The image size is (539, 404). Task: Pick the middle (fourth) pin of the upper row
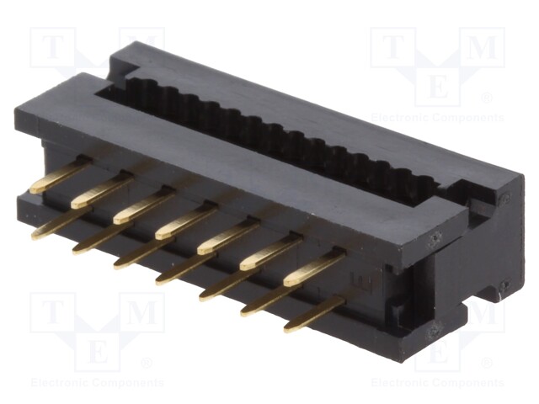click(184, 222)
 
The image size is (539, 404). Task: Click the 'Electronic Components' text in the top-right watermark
click(437, 117)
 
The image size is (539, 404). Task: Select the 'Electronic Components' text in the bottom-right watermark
click(437, 384)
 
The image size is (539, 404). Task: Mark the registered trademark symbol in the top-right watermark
click(486, 98)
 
